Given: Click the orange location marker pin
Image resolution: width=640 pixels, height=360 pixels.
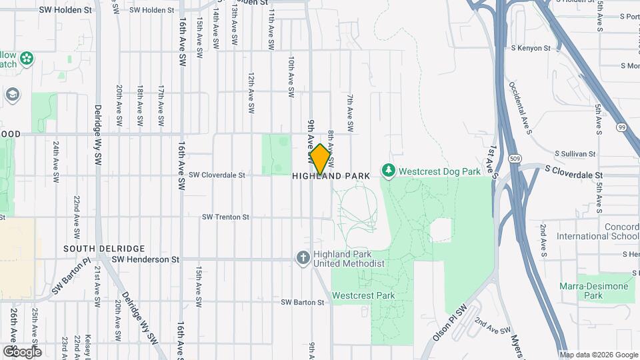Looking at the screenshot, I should (320, 159).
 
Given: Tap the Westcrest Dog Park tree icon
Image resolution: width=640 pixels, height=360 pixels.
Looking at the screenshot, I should (389, 171).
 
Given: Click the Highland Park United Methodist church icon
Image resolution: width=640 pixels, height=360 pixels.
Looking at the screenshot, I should (303, 257).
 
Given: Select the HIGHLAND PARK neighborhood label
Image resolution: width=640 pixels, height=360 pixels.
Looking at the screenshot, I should (331, 176).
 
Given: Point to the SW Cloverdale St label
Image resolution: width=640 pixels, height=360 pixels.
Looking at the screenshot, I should (217, 175).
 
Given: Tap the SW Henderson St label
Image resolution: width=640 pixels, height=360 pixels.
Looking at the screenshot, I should (145, 259).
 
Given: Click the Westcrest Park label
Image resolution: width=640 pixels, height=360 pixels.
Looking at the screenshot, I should (363, 295).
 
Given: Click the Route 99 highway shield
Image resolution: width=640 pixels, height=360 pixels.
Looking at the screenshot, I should (621, 127).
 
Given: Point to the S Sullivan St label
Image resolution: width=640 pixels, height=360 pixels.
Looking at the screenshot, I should (573, 153).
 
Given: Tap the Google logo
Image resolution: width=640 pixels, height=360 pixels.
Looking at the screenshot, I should (22, 351).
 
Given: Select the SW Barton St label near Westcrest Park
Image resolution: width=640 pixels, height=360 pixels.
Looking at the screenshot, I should (302, 302).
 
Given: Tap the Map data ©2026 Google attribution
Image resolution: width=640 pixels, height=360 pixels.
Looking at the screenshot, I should (598, 355).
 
